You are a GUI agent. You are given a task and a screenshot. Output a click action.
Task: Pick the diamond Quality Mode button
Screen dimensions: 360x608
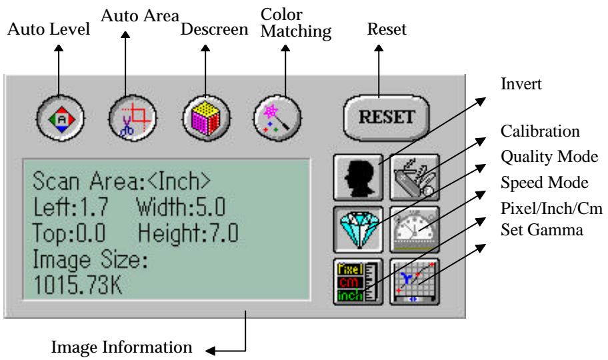(x=359, y=227)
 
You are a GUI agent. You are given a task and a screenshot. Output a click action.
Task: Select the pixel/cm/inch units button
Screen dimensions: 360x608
(x=359, y=279)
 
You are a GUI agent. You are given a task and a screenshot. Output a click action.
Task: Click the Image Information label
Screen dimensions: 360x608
(x=122, y=347)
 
